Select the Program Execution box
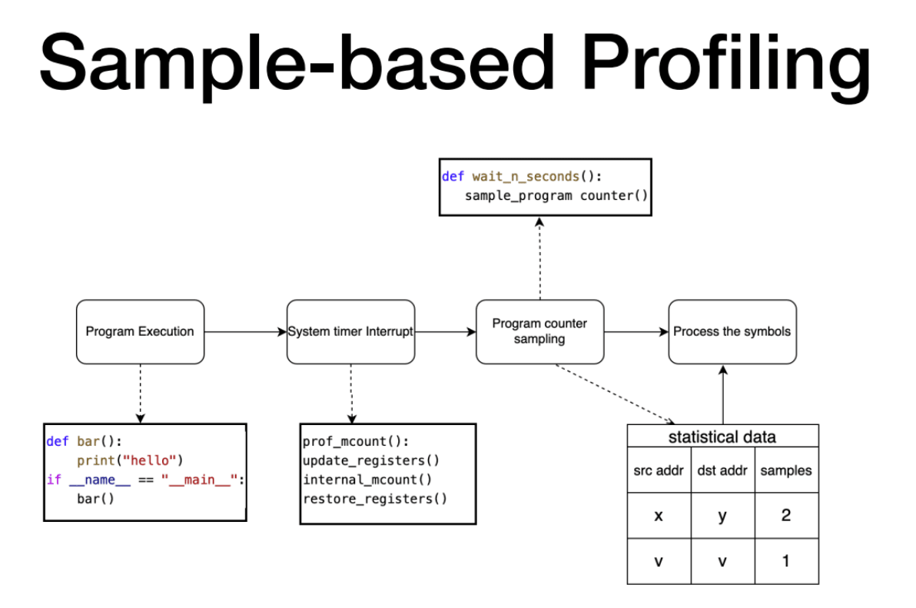coord(140,331)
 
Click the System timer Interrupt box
coord(350,331)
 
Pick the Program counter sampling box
coord(539,331)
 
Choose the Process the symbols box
coord(732,331)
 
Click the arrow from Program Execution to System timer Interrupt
coord(245,332)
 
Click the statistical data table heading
coord(722,437)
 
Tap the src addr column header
coord(659,470)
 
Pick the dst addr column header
coord(722,470)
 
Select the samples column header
coord(786,470)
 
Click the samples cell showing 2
coord(786,516)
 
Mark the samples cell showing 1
coord(786,561)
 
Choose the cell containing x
coord(659,516)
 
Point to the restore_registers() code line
coord(374,499)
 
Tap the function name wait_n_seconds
coord(526,177)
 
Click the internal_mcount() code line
coord(367,480)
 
